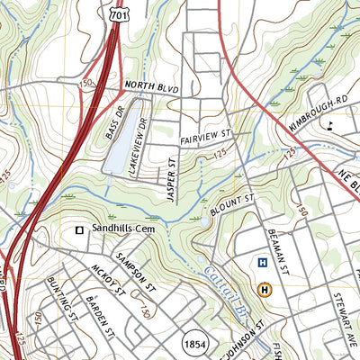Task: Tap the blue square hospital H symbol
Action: [262, 263]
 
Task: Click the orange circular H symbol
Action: [265, 289]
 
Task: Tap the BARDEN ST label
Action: [95, 315]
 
